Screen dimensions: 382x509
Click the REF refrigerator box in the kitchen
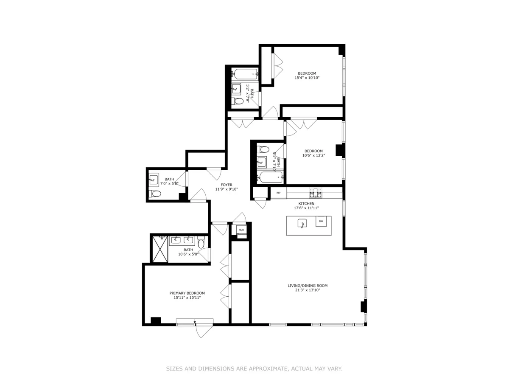pyautogui.click(x=278, y=193)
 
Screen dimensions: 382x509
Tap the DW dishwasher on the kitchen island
pyautogui.click(x=321, y=221)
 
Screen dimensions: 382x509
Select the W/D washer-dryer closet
pyautogui.click(x=241, y=230)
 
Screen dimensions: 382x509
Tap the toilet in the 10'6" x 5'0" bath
pyautogui.click(x=201, y=243)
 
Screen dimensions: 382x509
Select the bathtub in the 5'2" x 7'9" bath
pyautogui.click(x=245, y=74)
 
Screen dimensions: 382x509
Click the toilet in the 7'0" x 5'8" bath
pyautogui.click(x=155, y=194)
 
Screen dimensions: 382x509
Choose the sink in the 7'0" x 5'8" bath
pyautogui.click(x=154, y=179)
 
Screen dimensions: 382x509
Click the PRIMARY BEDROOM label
pyautogui.click(x=187, y=293)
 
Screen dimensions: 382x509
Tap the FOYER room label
pyautogui.click(x=227, y=185)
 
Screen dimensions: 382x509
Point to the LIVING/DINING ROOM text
pyautogui.click(x=308, y=286)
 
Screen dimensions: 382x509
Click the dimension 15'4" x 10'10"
pyautogui.click(x=307, y=78)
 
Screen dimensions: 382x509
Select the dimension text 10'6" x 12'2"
pyautogui.click(x=313, y=155)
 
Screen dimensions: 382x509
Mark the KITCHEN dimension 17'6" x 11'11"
pyautogui.click(x=306, y=208)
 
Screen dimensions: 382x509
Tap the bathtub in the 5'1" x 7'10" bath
pyautogui.click(x=270, y=177)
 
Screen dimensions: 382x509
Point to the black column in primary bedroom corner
pyautogui.click(x=156, y=321)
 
